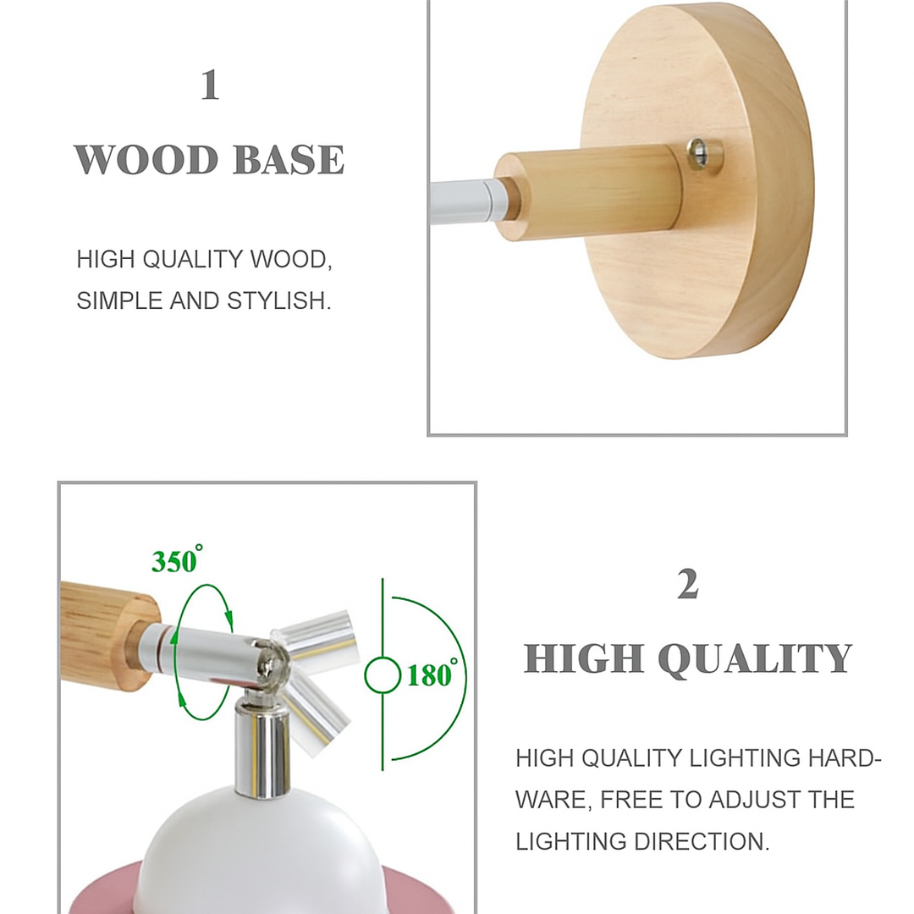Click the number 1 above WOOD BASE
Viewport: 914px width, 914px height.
[x=210, y=85]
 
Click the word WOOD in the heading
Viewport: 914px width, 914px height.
[x=146, y=160]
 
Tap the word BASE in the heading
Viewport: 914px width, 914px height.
[x=289, y=160]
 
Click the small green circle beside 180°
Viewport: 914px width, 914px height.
[x=382, y=675]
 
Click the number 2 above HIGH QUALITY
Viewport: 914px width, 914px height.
[x=687, y=585]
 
